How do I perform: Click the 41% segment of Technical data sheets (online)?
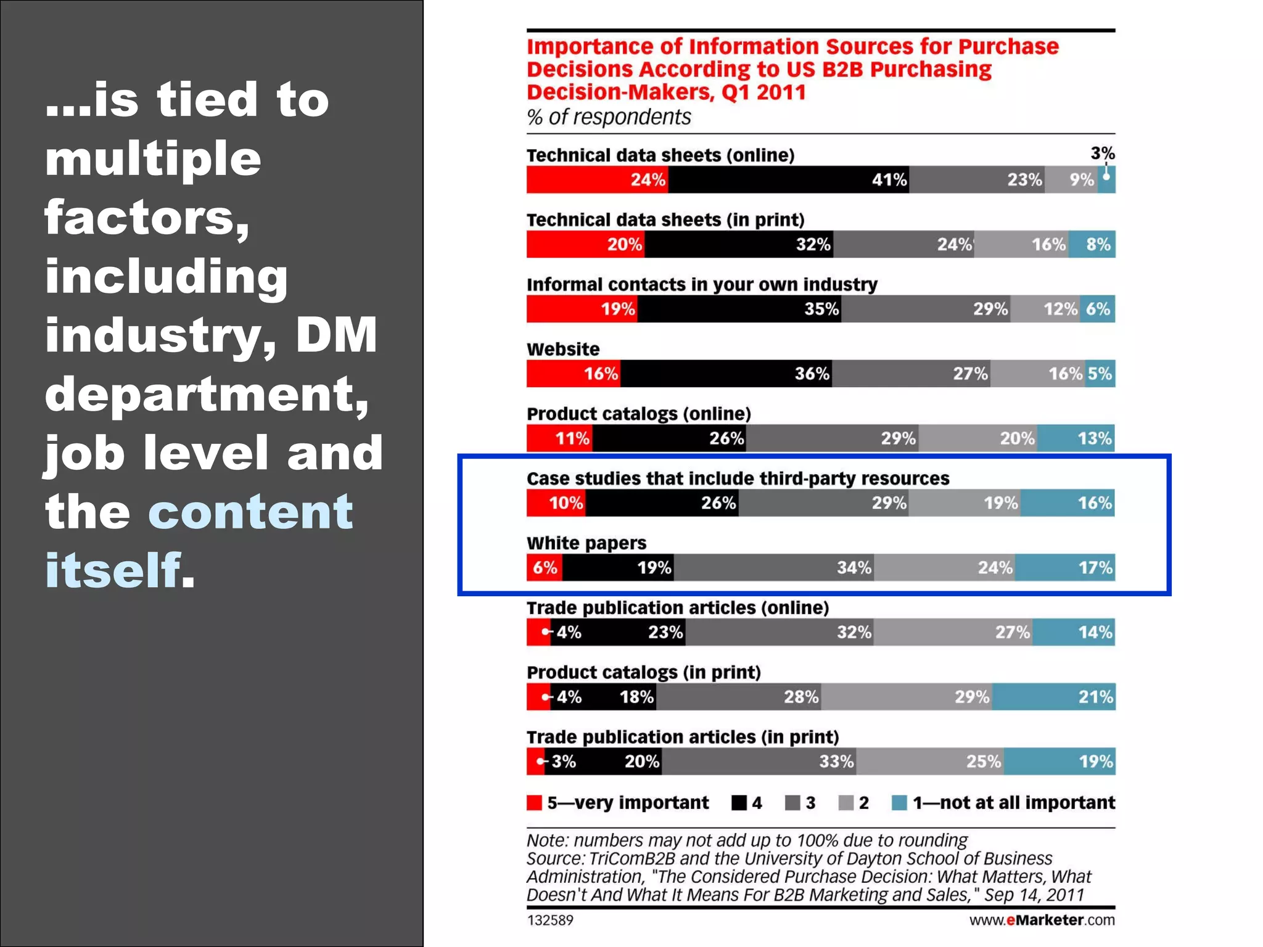click(788, 179)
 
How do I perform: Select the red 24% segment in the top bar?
click(597, 179)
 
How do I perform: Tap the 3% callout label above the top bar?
click(1102, 153)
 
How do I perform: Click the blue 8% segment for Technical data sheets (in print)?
click(1092, 244)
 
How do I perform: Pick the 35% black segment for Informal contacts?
click(739, 309)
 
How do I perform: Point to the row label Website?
click(562, 349)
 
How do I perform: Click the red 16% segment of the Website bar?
click(573, 374)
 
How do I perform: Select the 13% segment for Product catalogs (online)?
click(1076, 438)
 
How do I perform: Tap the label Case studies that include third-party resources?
click(738, 478)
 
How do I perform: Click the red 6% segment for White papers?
click(544, 567)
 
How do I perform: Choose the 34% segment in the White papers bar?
click(773, 567)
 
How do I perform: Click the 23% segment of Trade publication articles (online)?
click(618, 632)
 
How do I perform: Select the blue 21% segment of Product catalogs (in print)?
click(1053, 697)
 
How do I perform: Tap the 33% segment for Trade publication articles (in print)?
click(759, 761)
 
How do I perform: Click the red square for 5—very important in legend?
click(534, 803)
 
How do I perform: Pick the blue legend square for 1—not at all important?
click(899, 803)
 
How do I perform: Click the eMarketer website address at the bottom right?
click(1042, 920)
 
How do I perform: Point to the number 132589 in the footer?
click(549, 920)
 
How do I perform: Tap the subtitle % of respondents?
click(608, 117)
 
